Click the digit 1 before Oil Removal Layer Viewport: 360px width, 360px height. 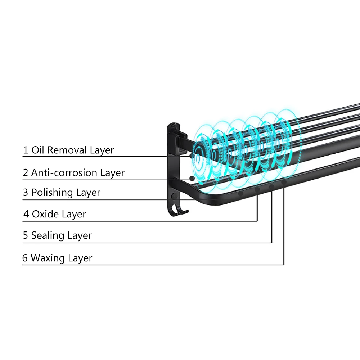(26, 150)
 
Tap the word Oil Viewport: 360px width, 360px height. (37, 150)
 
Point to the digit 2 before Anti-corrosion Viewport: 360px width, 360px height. (26, 173)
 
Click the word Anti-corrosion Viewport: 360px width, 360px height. (64, 173)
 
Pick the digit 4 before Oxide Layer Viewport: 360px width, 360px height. (26, 215)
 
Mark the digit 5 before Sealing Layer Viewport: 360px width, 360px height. (26, 236)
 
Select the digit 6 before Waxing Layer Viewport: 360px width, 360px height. (25, 258)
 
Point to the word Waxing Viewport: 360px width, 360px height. (47, 258)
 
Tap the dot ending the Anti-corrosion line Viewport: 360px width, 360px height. (192, 178)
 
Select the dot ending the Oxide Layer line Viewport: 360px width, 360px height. (257, 190)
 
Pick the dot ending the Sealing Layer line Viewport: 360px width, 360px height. (271, 186)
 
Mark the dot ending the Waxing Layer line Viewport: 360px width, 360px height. (284, 183)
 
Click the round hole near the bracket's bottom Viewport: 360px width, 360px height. (174, 197)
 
